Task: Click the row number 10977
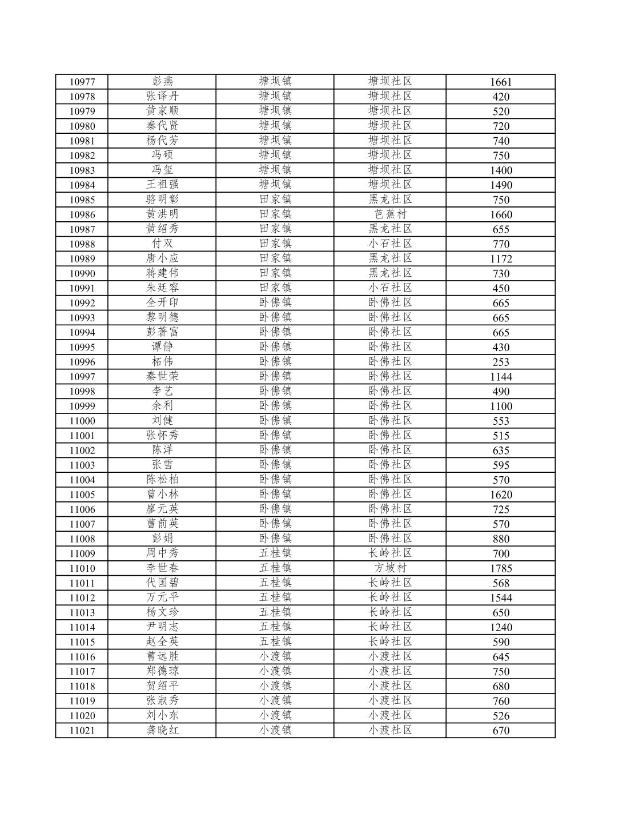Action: coord(82,82)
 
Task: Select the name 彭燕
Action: coord(162,82)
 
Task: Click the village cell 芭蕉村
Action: coord(390,214)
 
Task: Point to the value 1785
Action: coord(501,568)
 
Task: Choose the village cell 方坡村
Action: coord(390,568)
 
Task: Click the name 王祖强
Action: coord(162,185)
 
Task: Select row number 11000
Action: coord(82,421)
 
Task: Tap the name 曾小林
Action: coord(162,495)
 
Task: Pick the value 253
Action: coord(501,362)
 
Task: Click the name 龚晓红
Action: coord(162,730)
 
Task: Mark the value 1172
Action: coord(501,258)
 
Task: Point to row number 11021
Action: coord(82,730)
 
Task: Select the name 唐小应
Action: coord(162,258)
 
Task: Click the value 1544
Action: coord(501,598)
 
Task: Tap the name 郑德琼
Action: coord(162,671)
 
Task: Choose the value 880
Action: coord(501,539)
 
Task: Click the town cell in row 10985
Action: coord(275,200)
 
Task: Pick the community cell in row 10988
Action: coord(390,244)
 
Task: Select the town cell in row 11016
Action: coord(275,656)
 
